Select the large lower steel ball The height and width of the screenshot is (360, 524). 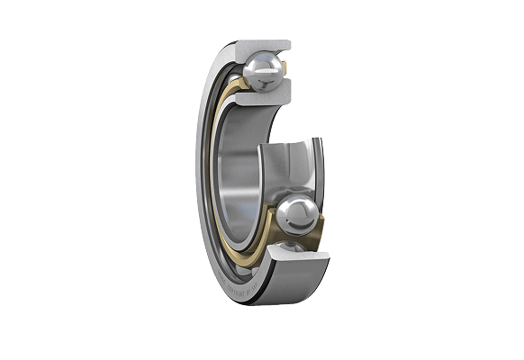(298, 216)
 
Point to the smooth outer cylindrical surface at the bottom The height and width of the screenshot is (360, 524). (288, 288)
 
